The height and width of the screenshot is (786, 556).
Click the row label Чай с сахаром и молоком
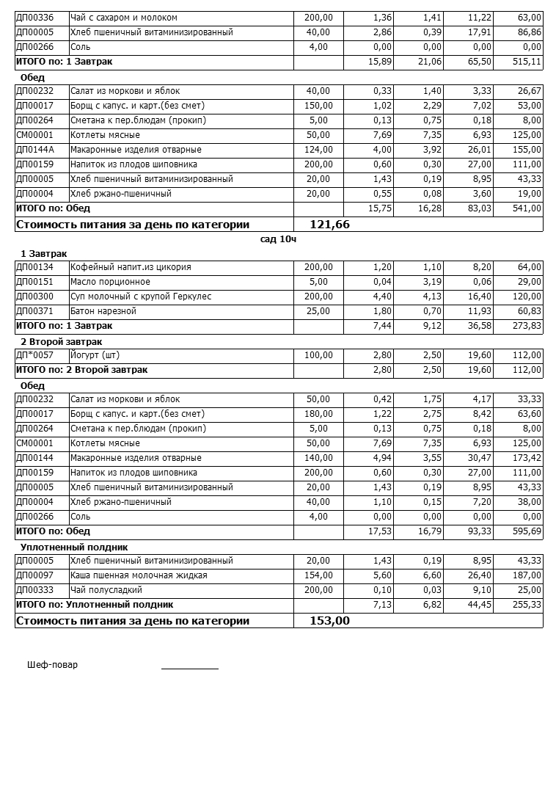123,18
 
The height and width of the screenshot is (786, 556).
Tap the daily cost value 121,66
329,225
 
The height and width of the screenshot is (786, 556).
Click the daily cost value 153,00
329,621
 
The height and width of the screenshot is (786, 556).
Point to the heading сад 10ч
278,239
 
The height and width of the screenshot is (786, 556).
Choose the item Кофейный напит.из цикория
131,267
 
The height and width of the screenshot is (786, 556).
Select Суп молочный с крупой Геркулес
141,296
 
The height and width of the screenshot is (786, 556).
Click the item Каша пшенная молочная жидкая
139,575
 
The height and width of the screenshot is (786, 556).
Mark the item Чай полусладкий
106,590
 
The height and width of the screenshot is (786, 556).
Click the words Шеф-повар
52,665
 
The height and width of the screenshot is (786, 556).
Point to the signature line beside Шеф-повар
189,668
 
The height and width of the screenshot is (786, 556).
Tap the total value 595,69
527,531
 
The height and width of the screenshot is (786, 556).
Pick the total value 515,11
527,62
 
